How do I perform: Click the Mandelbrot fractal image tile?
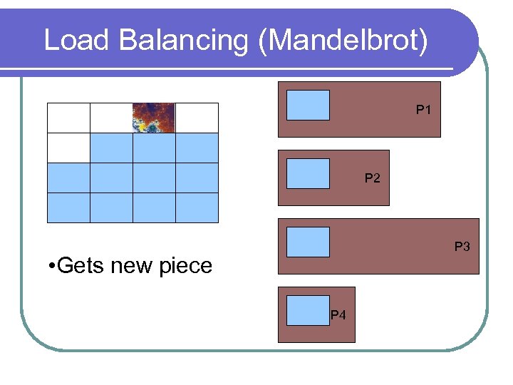click(154, 118)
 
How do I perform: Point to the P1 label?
click(424, 111)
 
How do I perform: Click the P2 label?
click(373, 178)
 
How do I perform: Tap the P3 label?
click(462, 247)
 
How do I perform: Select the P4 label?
click(338, 315)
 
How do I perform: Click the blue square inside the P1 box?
click(308, 105)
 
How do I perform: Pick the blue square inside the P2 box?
click(308, 173)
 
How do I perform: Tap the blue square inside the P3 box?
click(308, 242)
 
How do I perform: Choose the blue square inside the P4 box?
click(308, 310)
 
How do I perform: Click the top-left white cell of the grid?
click(68, 118)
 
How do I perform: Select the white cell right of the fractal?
click(197, 118)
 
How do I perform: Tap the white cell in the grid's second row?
click(68, 148)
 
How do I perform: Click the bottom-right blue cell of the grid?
click(197, 207)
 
